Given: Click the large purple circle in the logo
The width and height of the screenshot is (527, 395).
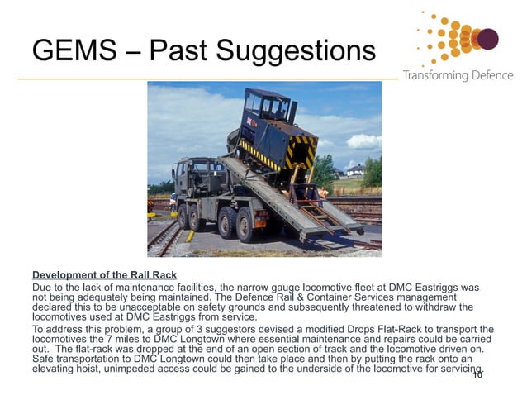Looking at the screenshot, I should click(x=487, y=38).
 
